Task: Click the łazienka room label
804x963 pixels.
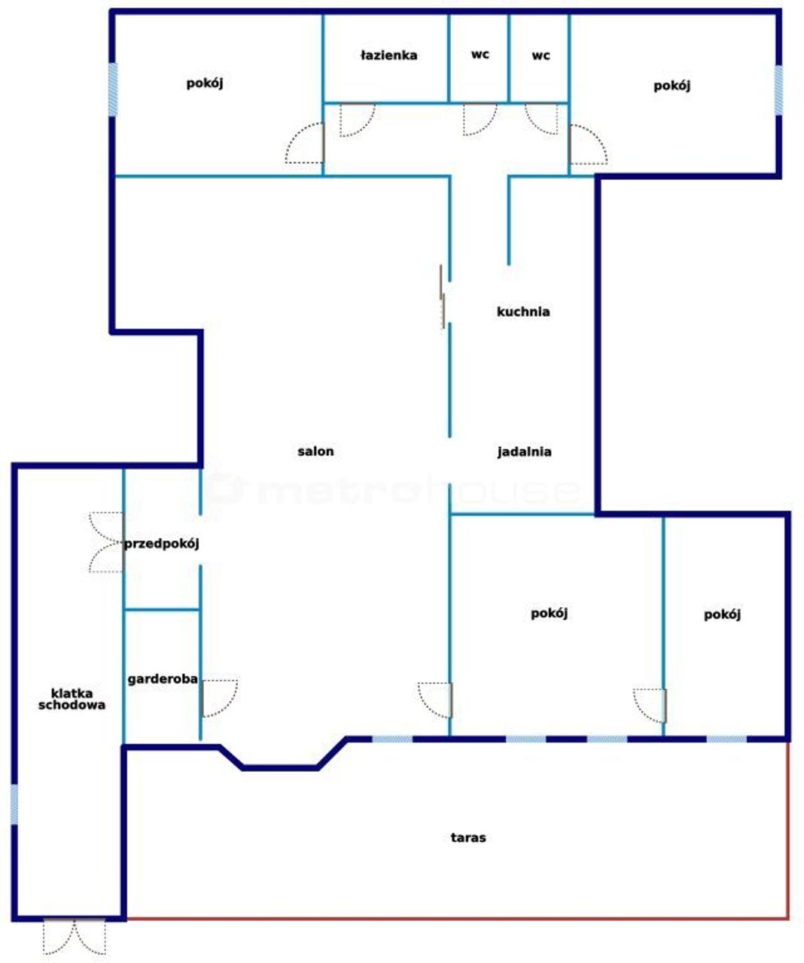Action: coord(388,56)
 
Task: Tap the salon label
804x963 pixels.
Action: coord(315,451)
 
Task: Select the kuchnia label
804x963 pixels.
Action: coord(523,311)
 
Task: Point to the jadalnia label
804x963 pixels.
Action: coord(524,451)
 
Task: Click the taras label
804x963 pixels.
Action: coord(468,837)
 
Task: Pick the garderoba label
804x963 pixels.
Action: coord(163,679)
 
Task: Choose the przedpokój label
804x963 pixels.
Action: coord(162,544)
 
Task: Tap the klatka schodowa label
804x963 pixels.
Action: coord(72,699)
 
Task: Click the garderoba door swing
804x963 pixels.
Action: coord(220,698)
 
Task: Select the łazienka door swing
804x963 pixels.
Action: coord(358,120)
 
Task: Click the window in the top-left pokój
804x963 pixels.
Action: coord(113,90)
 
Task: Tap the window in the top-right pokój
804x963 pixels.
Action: coord(778,90)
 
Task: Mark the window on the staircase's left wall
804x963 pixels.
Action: coord(15,804)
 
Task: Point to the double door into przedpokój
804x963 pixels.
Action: coord(107,542)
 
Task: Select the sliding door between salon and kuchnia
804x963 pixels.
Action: coord(442,296)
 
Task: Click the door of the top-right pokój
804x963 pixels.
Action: coord(588,144)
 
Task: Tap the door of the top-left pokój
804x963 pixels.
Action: coord(305,142)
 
